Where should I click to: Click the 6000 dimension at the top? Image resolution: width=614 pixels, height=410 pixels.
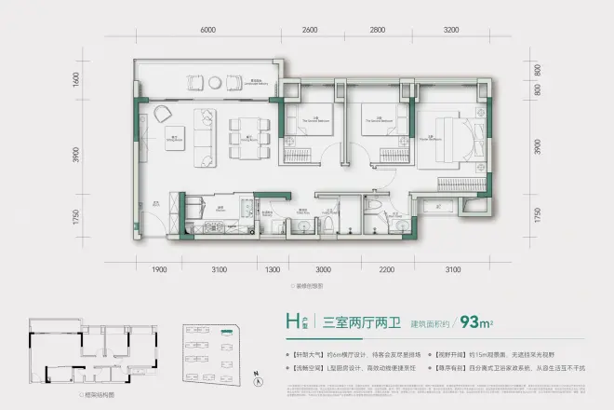coord(207,31)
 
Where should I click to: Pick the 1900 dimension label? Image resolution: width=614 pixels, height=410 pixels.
coord(159,270)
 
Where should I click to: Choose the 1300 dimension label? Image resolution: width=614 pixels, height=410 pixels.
coord(273,270)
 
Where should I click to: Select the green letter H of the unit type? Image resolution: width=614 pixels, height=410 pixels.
coord(292,323)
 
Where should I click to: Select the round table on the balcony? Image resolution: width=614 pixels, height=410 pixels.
coord(163,113)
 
